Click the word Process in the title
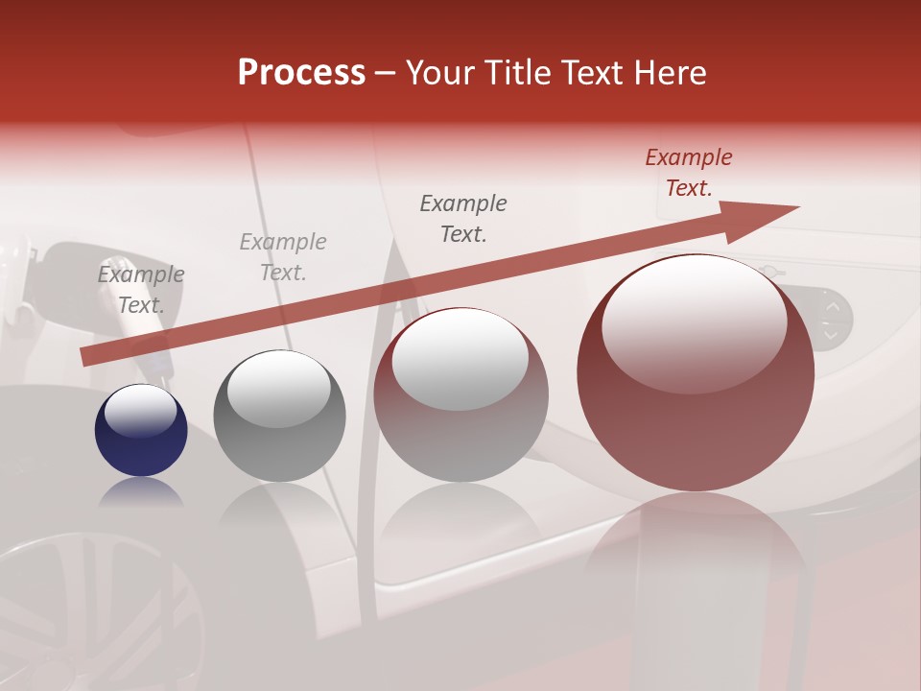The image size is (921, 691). [x=301, y=73]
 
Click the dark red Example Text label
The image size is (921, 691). [x=688, y=173]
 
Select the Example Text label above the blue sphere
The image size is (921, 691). [x=141, y=290]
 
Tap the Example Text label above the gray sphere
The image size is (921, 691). [x=282, y=257]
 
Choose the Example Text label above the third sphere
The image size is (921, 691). [x=463, y=218]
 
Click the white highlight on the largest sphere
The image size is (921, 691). [x=694, y=322]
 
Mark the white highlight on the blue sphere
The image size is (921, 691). [x=140, y=411]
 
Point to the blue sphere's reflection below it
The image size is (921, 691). [x=141, y=491]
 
